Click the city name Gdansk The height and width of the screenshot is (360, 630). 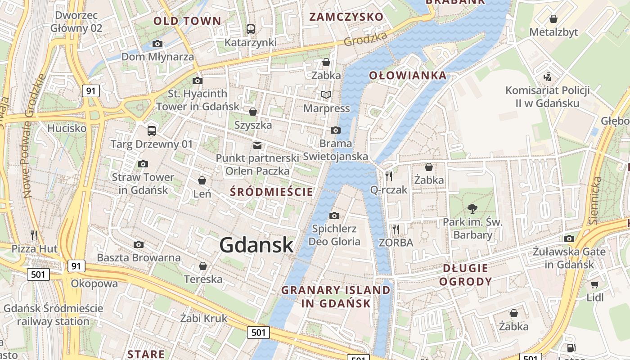(x=256, y=245)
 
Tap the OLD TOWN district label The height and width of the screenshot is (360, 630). (x=187, y=21)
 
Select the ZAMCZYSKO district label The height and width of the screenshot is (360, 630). (x=346, y=17)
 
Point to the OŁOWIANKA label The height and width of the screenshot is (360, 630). (x=408, y=76)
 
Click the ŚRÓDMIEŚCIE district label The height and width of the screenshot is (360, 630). (x=271, y=192)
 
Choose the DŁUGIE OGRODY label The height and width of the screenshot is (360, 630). (x=465, y=275)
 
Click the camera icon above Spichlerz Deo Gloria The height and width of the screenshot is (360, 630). (x=334, y=216)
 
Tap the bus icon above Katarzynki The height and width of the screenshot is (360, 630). (x=251, y=29)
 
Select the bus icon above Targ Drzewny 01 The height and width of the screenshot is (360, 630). (x=152, y=131)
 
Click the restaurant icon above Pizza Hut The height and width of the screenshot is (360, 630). (x=34, y=235)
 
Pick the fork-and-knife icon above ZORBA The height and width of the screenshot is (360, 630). (x=396, y=229)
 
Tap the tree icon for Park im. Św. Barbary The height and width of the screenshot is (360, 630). (x=472, y=208)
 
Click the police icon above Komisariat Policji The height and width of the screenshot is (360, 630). (x=547, y=77)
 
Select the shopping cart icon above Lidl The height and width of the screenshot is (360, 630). (x=594, y=284)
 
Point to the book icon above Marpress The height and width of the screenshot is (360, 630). (x=326, y=95)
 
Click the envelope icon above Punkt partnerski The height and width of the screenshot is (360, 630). (x=257, y=145)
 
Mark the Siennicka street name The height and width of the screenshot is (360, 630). (x=596, y=200)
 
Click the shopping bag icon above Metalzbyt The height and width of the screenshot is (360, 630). (x=553, y=19)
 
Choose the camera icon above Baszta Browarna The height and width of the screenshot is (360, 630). (x=139, y=244)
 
